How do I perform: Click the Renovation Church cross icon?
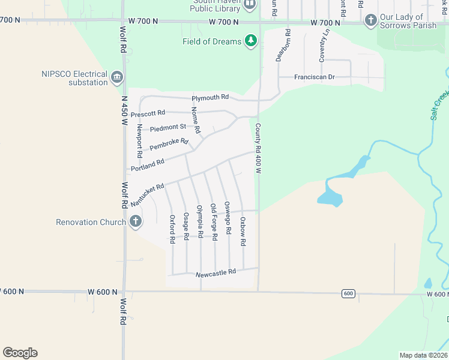[136, 222]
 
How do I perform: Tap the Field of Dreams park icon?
[251, 41]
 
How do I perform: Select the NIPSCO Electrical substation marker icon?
[117, 77]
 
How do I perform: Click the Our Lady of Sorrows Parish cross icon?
[370, 21]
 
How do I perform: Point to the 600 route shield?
[349, 293]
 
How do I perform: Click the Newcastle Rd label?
[216, 273]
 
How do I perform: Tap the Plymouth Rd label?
[210, 97]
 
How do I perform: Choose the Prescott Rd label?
[148, 113]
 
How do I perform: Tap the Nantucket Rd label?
[147, 196]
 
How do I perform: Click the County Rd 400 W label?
[258, 148]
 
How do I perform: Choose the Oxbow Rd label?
[243, 232]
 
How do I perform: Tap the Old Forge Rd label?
[214, 221]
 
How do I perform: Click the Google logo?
[20, 353]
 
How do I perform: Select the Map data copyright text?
[424, 355]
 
